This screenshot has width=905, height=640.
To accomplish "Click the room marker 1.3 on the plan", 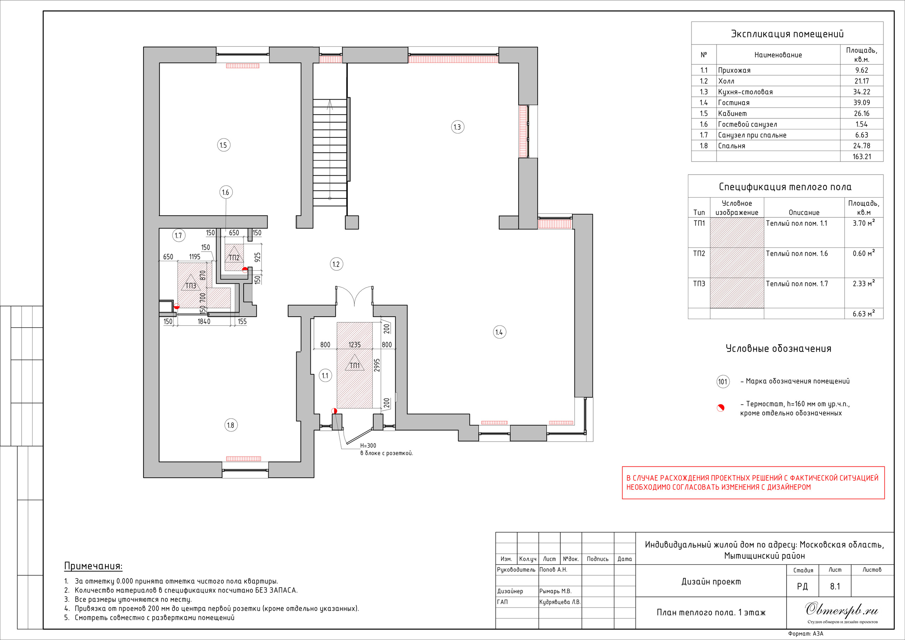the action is [x=457, y=127].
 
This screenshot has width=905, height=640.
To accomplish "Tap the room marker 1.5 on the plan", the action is [x=223, y=145].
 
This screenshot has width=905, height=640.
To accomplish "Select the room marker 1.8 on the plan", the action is [x=230, y=425].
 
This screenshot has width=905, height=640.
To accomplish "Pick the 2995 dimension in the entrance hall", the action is [x=377, y=365].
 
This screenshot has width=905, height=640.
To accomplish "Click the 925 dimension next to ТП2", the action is [x=257, y=257].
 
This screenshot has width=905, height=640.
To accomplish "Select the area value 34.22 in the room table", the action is [x=862, y=92].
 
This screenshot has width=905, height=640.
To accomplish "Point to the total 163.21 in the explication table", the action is [x=862, y=157].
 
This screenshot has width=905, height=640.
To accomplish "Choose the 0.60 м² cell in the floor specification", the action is [x=864, y=253].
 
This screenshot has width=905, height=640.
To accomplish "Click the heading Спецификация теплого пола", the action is [x=785, y=187].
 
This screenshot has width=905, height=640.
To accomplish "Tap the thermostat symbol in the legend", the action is [x=720, y=408].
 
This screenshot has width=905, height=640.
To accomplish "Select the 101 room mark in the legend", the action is [x=723, y=381].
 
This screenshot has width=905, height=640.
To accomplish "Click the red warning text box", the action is [x=753, y=483].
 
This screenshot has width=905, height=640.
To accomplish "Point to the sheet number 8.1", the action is [x=835, y=586].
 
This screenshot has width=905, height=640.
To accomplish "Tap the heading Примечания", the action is [x=93, y=566].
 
